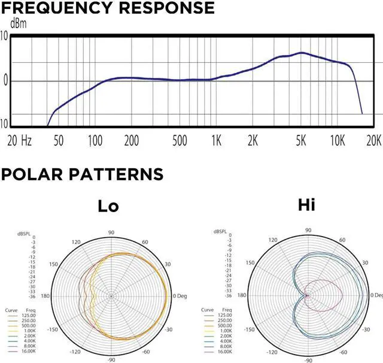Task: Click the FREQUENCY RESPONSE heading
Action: pyautogui.click(x=107, y=8)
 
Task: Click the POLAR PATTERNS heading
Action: pyautogui.click(x=82, y=174)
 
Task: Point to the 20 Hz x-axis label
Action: pyautogui.click(x=19, y=141)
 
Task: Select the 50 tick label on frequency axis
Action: pyautogui.click(x=59, y=141)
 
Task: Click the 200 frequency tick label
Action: pyautogui.click(x=131, y=141)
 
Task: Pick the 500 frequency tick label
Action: pyautogui.click(x=180, y=141)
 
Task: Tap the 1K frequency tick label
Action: pyautogui.click(x=217, y=141)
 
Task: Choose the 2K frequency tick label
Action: pyautogui.click(x=253, y=141)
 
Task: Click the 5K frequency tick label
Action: pyautogui.click(x=301, y=141)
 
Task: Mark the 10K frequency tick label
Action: pyautogui.click(x=338, y=141)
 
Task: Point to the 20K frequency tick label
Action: pyautogui.click(x=373, y=141)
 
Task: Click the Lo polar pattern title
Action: pyautogui.click(x=109, y=207)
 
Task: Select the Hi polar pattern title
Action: pyautogui.click(x=306, y=206)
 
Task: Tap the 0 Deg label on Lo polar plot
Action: pyautogui.click(x=182, y=296)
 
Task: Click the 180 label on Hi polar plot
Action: pyautogui.click(x=242, y=296)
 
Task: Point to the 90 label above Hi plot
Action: pyautogui.click(x=308, y=230)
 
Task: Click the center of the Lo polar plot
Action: pyautogui.click(x=111, y=296)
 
